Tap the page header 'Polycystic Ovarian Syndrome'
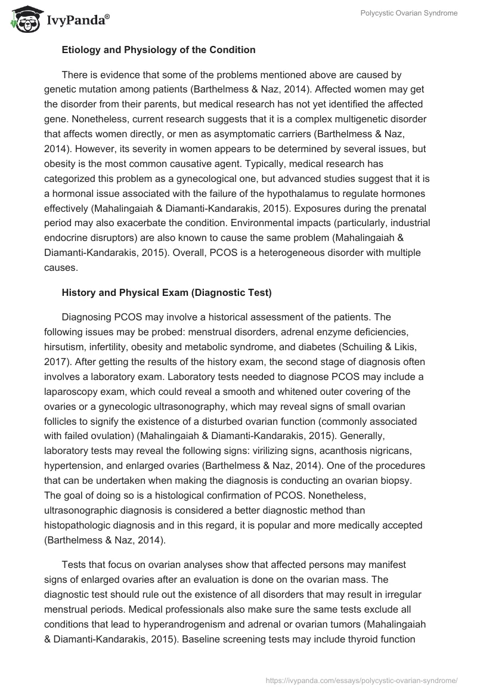tap(409, 13)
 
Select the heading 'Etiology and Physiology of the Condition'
tap(159, 50)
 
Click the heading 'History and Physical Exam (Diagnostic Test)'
tap(166, 293)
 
